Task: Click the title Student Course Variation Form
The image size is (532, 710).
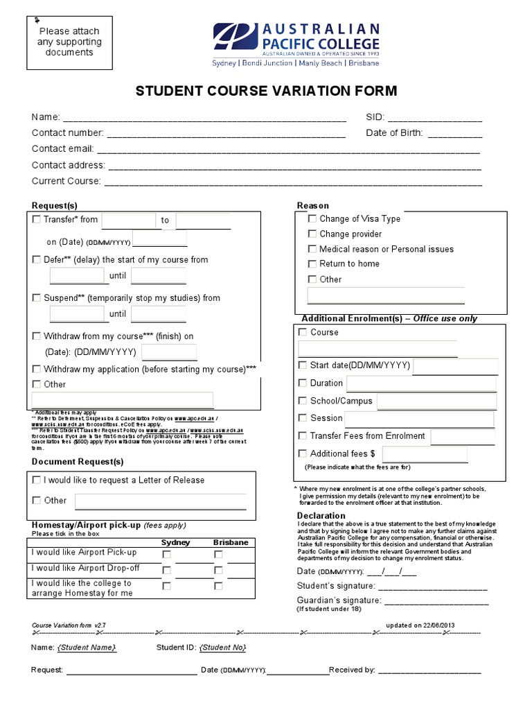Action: click(x=266, y=92)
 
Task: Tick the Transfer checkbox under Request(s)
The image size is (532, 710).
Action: click(x=37, y=220)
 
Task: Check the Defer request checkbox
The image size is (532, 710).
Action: click(x=37, y=259)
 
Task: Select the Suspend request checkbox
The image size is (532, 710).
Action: click(x=37, y=297)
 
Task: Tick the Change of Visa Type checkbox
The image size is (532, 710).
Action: click(x=312, y=218)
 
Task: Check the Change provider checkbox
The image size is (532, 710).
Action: click(x=312, y=234)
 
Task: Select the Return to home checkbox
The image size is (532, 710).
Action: click(x=312, y=263)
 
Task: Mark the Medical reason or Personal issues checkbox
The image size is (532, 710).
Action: click(x=312, y=249)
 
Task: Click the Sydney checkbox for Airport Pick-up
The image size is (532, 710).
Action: click(x=166, y=554)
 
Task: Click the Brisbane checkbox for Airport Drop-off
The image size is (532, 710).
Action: click(x=218, y=570)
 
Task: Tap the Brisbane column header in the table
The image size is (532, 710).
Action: click(x=231, y=542)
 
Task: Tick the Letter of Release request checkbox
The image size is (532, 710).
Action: click(x=37, y=480)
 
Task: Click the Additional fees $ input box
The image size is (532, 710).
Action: click(x=425, y=454)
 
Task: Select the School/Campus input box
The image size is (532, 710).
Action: click(x=436, y=401)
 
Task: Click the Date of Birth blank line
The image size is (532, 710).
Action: click(x=454, y=133)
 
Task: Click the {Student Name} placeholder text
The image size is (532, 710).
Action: click(x=87, y=648)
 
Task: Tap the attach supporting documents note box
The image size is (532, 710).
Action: click(x=69, y=42)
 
